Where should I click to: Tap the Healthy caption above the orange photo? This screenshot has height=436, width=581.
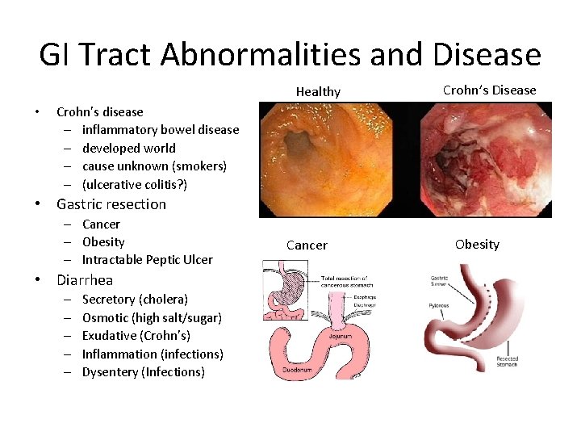click(318, 91)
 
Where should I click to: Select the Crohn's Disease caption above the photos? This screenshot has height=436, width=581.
click(489, 90)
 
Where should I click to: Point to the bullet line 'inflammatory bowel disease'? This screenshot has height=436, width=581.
click(161, 129)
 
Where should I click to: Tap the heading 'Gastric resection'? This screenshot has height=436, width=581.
click(111, 204)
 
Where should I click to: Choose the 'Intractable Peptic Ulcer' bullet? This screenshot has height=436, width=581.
click(148, 259)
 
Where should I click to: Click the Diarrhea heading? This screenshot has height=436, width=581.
click(85, 280)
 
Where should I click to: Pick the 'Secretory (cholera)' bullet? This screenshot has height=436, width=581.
click(135, 299)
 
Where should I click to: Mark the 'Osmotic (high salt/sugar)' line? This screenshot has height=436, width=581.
click(152, 317)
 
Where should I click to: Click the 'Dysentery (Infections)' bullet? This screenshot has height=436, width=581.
click(144, 371)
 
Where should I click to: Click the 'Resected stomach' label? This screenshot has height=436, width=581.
click(506, 361)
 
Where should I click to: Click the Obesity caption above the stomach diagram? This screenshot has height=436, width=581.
click(477, 244)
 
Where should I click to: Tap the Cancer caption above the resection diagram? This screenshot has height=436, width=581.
click(307, 245)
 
